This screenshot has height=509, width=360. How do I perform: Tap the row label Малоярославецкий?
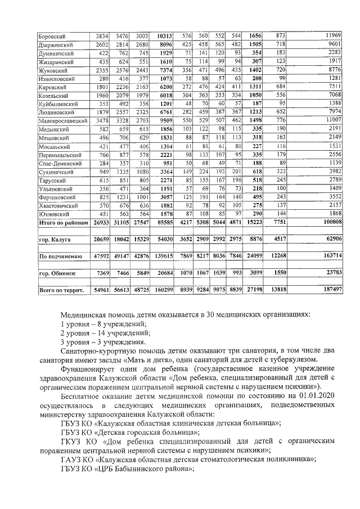click(x=62, y=136)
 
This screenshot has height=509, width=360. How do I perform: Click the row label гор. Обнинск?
click(x=55, y=273)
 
